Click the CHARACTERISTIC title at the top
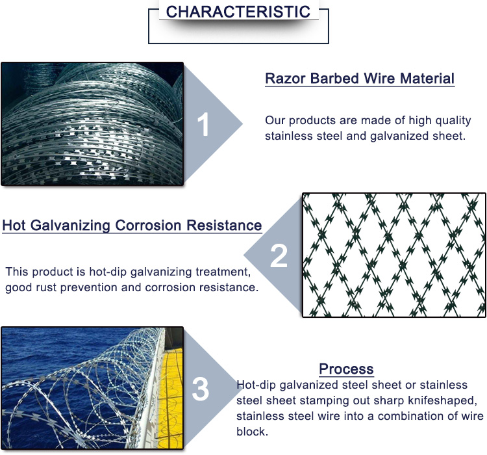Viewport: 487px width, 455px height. tap(238, 12)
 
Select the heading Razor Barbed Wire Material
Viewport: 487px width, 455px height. tap(359, 79)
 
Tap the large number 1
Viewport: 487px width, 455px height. tap(204, 125)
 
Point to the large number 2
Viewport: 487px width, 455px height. tap(279, 255)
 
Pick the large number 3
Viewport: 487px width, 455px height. tap(201, 390)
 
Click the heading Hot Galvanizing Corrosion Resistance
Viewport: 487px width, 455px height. tap(132, 226)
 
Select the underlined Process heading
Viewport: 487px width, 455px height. tap(346, 369)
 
